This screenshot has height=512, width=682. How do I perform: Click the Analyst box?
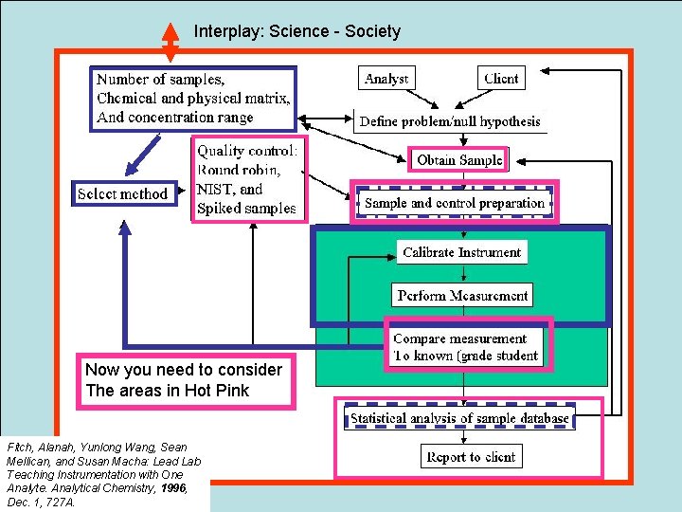386,79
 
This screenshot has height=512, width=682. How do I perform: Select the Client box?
501,79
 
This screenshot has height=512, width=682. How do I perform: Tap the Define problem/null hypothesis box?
449,121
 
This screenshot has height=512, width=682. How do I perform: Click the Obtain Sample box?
459,159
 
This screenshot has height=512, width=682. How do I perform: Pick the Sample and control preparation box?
455,203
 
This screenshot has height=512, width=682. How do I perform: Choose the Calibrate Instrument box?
461,252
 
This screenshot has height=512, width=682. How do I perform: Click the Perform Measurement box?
462,295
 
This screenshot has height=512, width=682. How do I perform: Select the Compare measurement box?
465,347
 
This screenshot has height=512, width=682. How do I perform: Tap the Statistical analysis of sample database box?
459,417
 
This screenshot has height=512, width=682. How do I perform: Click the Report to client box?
471,457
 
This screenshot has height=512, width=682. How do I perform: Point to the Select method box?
122,193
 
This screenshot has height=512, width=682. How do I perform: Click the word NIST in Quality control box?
215,189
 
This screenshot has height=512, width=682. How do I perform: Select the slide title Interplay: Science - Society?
297,31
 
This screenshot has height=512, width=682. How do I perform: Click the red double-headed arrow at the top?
170,40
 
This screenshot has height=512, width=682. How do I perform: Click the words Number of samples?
160,80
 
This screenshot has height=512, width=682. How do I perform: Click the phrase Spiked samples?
245,208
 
